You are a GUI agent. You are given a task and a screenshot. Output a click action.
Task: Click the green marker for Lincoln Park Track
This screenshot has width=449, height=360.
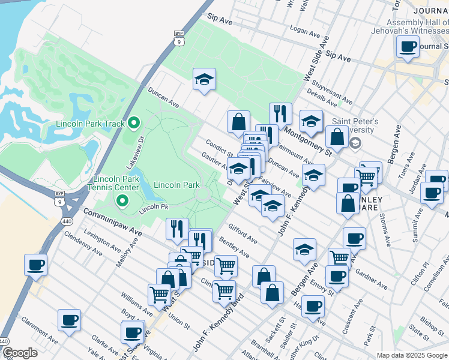pyautogui.click(x=134, y=124)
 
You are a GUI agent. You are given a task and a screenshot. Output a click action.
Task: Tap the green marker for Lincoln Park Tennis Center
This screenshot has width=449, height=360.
pyautogui.click(x=122, y=201)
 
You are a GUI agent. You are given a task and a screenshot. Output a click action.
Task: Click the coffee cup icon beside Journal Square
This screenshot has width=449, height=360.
pyautogui.click(x=408, y=47)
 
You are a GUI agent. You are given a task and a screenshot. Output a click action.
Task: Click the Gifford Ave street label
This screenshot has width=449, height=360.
pyautogui.click(x=243, y=234)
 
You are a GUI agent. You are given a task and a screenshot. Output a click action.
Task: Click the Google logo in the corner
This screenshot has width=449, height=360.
pyautogui.click(x=20, y=353)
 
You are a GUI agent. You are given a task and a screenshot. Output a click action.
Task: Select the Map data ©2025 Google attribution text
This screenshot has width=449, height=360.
pyautogui.click(x=412, y=355)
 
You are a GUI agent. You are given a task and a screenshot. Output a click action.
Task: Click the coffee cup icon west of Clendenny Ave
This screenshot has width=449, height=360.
pyautogui.click(x=36, y=265)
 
